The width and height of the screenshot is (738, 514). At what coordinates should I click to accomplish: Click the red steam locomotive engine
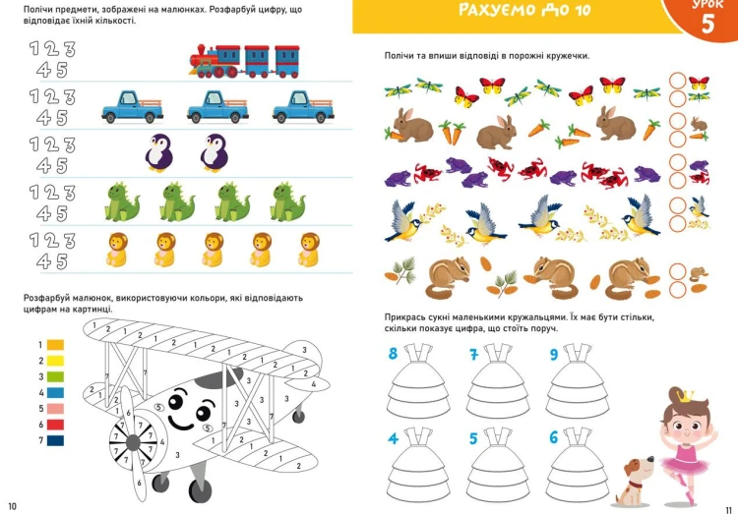point(205,62)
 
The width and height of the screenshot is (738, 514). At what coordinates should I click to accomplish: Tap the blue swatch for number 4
point(56,393)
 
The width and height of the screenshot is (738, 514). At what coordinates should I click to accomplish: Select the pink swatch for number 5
point(56,409)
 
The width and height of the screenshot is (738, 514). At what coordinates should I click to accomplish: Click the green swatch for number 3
point(56,376)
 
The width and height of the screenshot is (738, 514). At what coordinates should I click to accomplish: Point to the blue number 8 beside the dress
point(393,353)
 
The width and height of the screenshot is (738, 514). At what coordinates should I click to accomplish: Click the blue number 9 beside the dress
point(554,354)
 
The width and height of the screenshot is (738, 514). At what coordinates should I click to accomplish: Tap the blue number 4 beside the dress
point(393,438)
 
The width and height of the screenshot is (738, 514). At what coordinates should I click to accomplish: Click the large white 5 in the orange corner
point(707,24)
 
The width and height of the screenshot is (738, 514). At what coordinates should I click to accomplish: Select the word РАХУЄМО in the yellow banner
point(497,10)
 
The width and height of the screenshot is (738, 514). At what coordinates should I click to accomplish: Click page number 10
point(12,506)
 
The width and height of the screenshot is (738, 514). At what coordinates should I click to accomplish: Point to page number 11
point(728,510)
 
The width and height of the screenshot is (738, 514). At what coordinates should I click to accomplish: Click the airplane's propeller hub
point(133,442)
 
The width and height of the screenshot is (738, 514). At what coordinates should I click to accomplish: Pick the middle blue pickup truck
point(217,107)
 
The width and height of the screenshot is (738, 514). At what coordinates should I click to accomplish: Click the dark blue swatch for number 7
point(56,440)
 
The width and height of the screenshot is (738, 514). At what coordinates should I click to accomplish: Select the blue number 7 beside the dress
point(474,354)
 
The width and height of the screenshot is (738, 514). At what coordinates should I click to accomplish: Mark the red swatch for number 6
point(56,425)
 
